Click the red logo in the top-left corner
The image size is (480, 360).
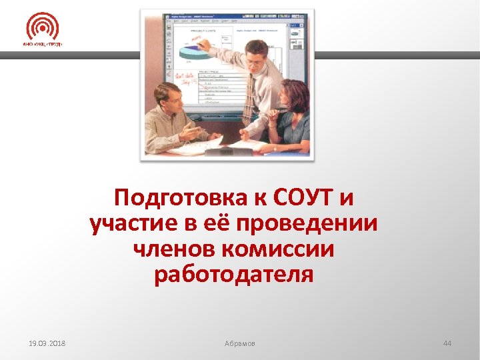[42, 27]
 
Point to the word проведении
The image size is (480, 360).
[315, 224]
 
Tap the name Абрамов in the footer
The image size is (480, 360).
[240, 343]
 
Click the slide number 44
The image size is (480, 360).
[447, 343]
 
